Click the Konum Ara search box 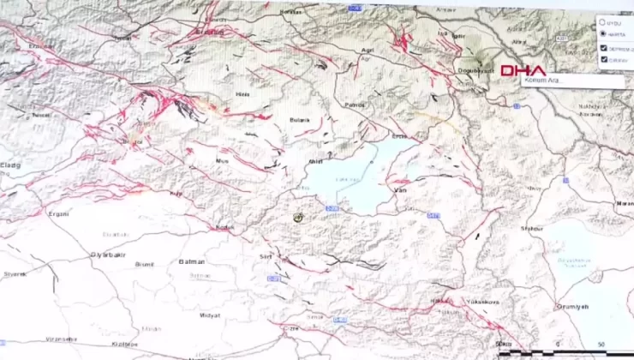561,81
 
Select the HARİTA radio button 602,33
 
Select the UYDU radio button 602,23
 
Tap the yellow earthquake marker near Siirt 299,219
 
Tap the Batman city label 193,261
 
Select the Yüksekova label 481,302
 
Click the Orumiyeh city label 572,306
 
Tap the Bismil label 145,264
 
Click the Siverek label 15,273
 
